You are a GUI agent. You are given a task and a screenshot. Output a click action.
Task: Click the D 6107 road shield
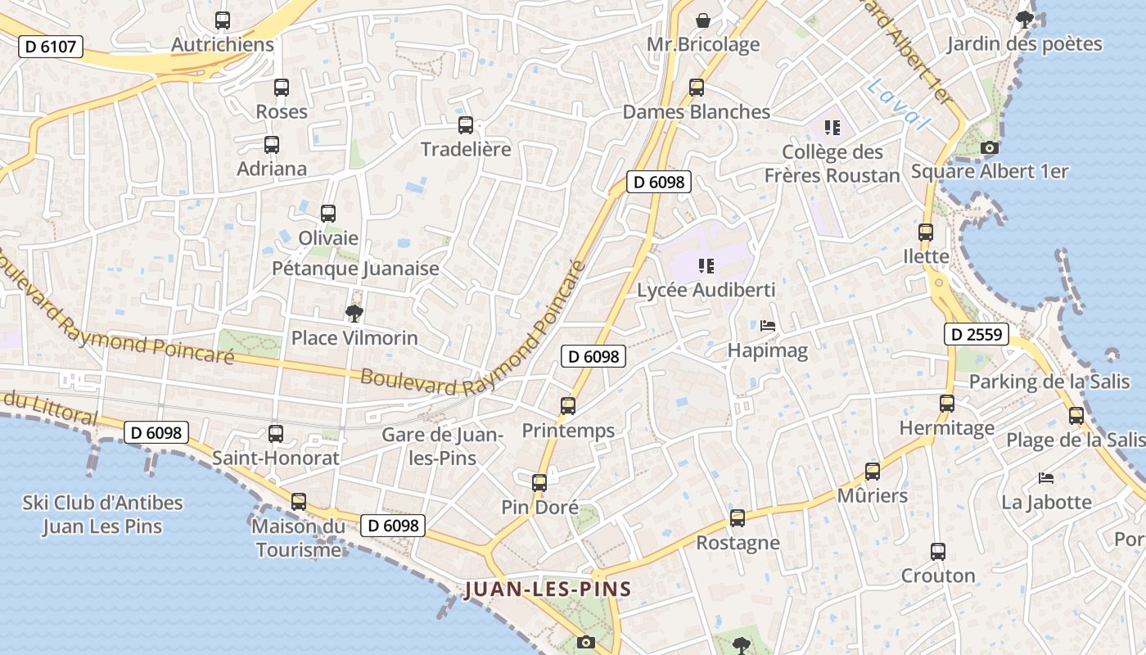click(51, 47)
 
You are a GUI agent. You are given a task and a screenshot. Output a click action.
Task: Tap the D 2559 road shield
click(977, 334)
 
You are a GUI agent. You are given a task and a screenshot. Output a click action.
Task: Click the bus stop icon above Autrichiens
click(223, 20)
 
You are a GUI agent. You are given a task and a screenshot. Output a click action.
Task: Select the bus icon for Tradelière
click(466, 125)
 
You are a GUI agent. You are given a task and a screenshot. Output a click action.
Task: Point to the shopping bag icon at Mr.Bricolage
click(702, 20)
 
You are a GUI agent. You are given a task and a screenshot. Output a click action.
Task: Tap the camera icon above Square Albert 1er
click(990, 148)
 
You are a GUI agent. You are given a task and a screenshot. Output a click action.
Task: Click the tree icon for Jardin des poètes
click(1024, 19)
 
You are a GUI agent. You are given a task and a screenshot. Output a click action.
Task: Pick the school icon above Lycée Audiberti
click(706, 266)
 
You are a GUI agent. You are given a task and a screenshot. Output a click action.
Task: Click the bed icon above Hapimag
click(768, 326)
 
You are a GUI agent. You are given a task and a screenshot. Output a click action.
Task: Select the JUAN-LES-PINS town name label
click(548, 589)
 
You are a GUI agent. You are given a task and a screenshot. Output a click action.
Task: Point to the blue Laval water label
click(899, 104)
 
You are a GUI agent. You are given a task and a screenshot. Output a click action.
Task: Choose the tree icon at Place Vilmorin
click(354, 313)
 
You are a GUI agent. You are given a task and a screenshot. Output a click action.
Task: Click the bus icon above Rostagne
click(738, 518)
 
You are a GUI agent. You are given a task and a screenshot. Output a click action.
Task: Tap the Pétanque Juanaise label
click(355, 269)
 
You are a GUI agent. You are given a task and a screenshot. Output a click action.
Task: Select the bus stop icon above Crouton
click(938, 552)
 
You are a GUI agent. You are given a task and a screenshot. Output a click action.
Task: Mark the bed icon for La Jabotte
click(1046, 478)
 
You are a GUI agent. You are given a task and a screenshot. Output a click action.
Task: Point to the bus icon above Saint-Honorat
click(276, 434)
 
